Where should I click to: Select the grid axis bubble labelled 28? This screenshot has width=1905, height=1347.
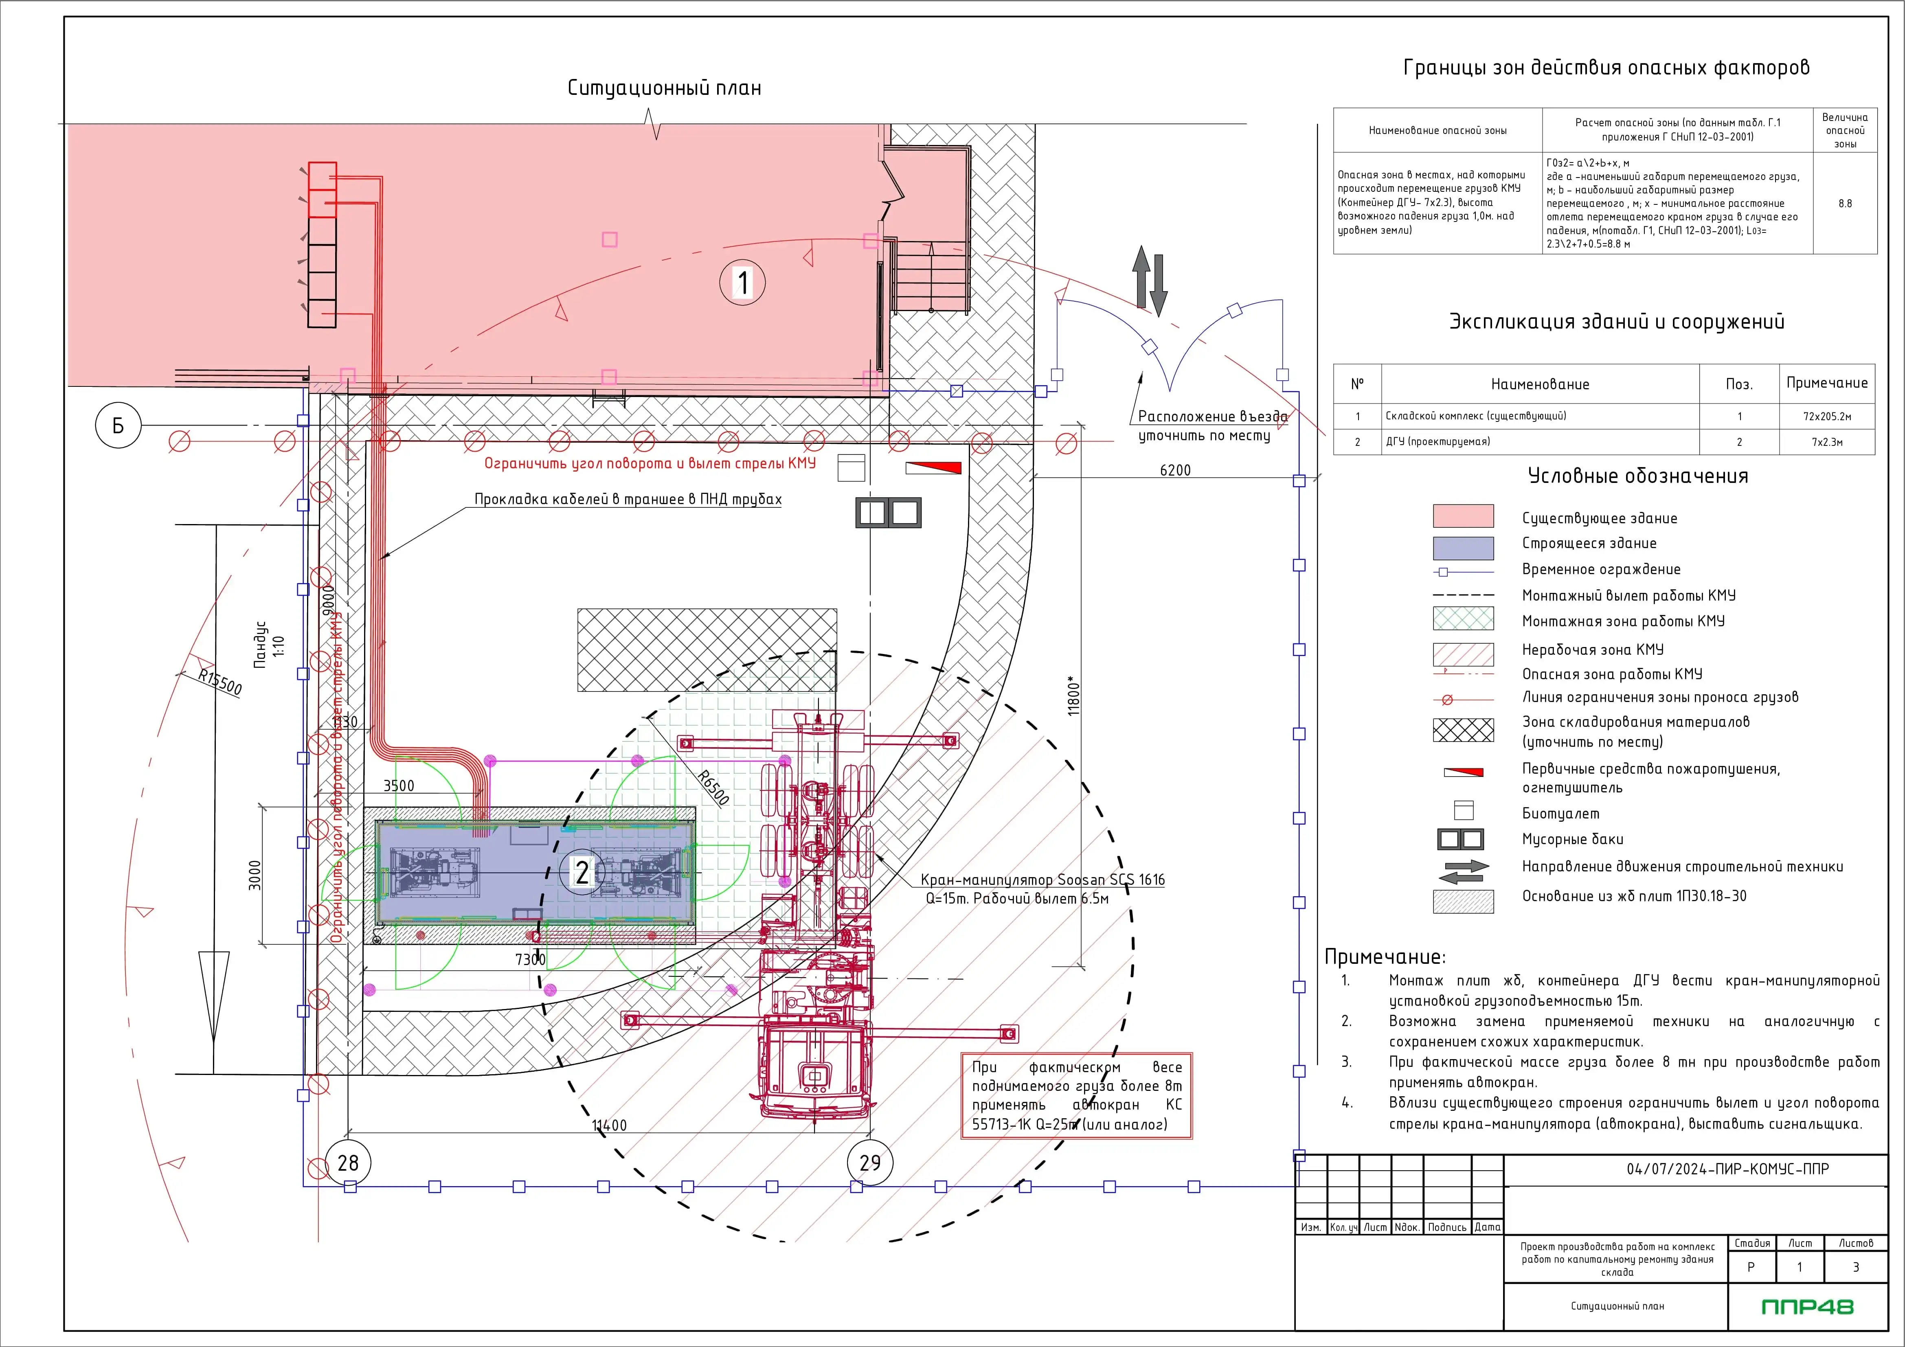pos(348,1163)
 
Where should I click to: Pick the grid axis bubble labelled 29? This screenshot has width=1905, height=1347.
pos(869,1163)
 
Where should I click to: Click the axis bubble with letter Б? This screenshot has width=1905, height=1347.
pos(118,426)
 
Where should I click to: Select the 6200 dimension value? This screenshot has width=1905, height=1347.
pos(1175,470)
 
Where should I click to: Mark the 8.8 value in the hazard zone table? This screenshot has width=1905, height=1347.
pos(1844,203)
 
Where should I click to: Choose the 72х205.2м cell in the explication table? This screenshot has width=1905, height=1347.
pos(1826,417)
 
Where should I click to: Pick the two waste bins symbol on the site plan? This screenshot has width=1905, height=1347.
pos(888,513)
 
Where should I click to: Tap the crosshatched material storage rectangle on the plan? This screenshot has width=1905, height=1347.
pos(707,649)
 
